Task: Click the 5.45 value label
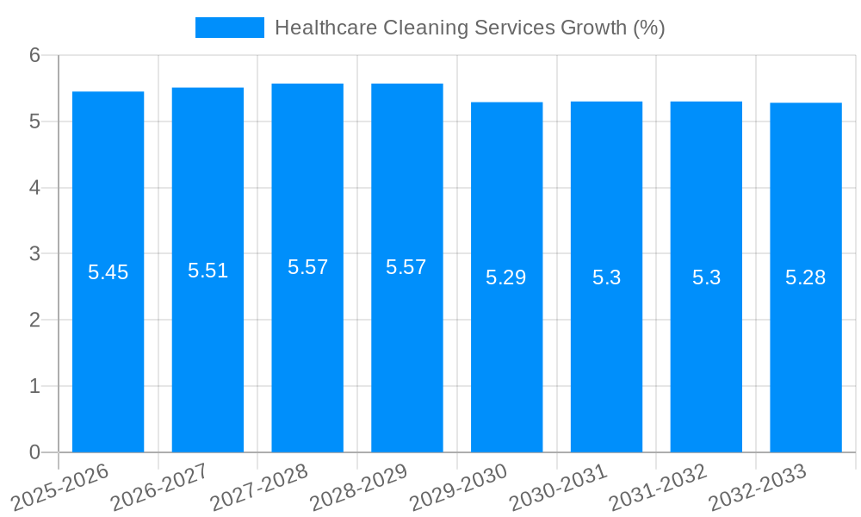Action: click(108, 272)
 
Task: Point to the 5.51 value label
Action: click(208, 271)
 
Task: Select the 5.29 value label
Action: click(506, 277)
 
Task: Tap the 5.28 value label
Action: click(806, 277)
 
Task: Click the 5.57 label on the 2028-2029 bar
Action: click(406, 267)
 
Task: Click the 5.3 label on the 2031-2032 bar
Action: click(706, 277)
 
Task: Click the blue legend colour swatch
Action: click(229, 28)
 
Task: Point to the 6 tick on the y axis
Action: click(34, 55)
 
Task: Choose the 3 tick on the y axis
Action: click(34, 253)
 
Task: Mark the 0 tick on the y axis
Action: click(34, 452)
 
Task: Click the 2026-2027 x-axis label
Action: click(159, 487)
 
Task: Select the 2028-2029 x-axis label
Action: click(358, 487)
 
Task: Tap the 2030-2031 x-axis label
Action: click(559, 487)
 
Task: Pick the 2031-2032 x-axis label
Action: click(658, 487)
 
